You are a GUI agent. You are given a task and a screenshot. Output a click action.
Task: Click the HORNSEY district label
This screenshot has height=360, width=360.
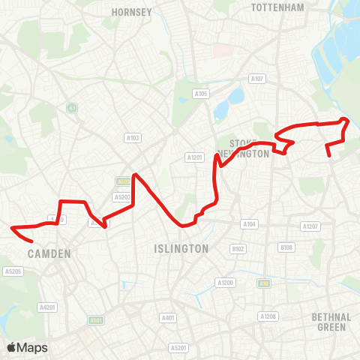131,12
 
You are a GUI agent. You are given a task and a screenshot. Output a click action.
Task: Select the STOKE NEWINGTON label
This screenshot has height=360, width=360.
242,148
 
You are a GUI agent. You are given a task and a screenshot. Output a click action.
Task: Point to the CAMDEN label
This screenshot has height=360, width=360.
49,254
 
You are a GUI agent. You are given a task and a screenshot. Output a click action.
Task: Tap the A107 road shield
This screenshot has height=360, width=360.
257,78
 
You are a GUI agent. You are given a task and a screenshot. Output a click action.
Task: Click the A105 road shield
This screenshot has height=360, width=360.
201,94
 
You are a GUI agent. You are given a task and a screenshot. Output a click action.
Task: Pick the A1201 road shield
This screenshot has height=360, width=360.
195,157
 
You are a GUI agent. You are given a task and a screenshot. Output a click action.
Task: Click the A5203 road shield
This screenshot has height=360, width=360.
121,196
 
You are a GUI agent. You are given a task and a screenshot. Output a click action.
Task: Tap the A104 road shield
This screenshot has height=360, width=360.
249,224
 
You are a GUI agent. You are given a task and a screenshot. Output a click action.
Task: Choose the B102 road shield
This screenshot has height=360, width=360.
238,248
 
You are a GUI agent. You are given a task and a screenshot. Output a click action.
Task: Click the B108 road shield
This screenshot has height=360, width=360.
286,247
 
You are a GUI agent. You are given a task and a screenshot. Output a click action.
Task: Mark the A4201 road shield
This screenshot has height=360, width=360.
48,307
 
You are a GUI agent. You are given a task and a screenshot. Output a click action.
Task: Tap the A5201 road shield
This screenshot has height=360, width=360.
178,347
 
